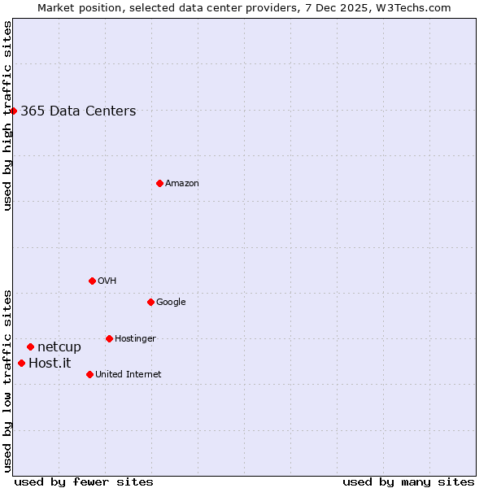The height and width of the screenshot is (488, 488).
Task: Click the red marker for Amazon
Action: [x=159, y=183]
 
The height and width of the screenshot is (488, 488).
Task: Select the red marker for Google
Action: [x=150, y=302]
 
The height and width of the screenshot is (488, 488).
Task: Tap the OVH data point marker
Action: [x=92, y=281]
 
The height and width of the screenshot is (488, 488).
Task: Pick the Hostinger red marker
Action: [x=109, y=338]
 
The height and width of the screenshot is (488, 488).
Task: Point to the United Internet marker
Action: [x=89, y=374]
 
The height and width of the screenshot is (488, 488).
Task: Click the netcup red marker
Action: [x=30, y=347]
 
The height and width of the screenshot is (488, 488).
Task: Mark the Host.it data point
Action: [x=21, y=363]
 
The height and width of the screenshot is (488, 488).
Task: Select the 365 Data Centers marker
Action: [x=14, y=111]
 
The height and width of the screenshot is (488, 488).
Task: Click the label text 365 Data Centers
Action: [x=78, y=111]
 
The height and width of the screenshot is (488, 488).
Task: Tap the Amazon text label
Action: [x=182, y=184]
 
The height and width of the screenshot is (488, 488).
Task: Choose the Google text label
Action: [x=171, y=303]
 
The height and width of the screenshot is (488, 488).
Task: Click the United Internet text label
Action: [x=128, y=375]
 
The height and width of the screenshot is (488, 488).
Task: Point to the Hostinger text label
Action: [x=135, y=339]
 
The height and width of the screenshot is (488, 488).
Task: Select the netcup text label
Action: [x=59, y=347]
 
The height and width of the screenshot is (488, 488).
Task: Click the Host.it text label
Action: [x=50, y=364]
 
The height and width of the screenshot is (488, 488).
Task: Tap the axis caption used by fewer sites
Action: [x=84, y=482]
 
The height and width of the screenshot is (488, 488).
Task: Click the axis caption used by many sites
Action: [x=408, y=482]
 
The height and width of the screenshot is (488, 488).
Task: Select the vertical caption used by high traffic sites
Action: [x=7, y=115]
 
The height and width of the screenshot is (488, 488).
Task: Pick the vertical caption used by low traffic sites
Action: [x=7, y=381]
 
